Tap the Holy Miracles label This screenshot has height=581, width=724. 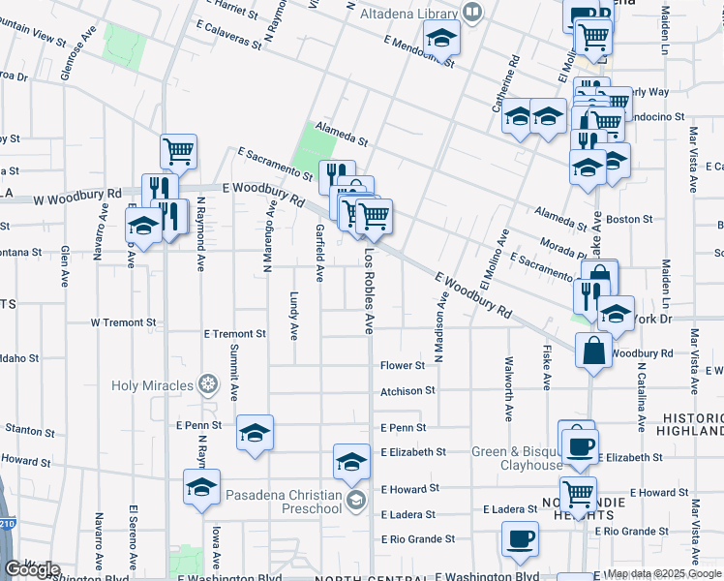pos(152,385)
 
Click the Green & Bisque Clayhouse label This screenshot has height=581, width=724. pos(517,458)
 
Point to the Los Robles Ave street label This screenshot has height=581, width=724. pos(369,290)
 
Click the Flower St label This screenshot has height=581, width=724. pos(403,366)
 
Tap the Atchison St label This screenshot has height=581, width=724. pos(407,391)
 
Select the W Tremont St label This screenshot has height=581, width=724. pos(123,321)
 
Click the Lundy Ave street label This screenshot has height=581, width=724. pos(294,315)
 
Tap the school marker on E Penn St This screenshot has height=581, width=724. pos(255,433)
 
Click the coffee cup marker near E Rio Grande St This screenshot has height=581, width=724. pos(520,539)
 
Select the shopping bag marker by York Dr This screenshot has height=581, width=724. pos(593,351)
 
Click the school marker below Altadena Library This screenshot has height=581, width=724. pos(441,40)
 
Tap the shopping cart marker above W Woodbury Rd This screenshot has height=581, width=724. pos(178,151)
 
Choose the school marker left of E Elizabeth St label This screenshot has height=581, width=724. pos(351,462)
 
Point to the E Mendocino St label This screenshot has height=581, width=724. pos(418,49)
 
